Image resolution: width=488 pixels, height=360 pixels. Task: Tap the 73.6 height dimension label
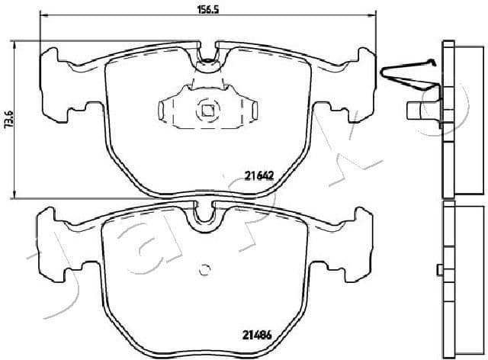[x=8, y=119]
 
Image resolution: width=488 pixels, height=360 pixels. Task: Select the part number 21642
[x=258, y=175]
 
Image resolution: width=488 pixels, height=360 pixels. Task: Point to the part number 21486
[x=258, y=333]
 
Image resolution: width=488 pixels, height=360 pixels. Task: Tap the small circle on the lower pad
[x=204, y=268]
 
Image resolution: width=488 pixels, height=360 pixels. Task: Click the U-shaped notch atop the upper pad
[x=207, y=59]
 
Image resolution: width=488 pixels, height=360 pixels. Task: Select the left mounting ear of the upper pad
[x=55, y=84]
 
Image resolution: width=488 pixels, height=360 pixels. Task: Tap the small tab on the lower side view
[x=438, y=268]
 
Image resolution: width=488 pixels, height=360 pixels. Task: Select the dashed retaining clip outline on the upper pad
[x=207, y=108]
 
